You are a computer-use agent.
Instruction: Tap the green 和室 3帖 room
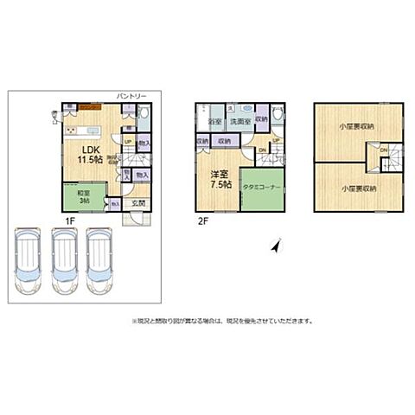point(84,196)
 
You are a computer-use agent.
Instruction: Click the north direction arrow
point(275,246)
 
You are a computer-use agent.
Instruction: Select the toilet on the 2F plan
point(277,115)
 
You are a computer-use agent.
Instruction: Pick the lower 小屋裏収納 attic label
point(356,188)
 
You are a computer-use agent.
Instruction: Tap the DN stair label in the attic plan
point(384,150)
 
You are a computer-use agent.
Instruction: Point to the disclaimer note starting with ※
point(222,320)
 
